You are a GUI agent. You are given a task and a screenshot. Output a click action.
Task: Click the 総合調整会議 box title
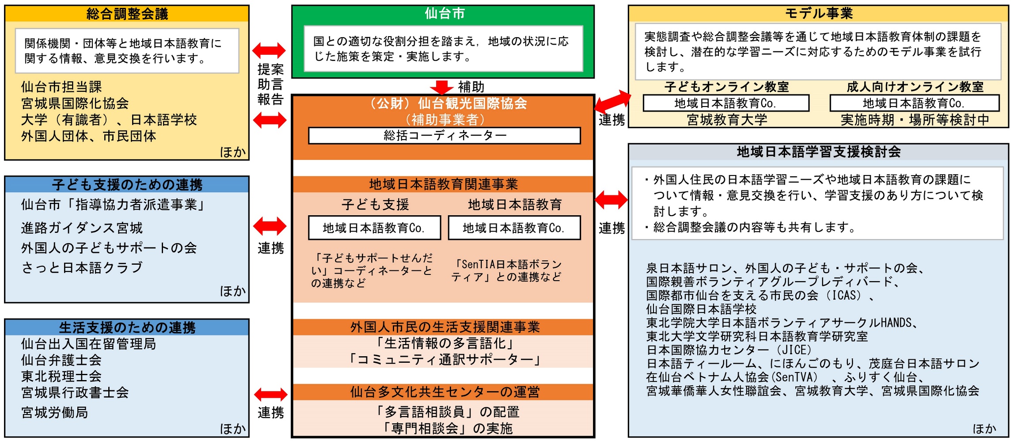tap(127, 14)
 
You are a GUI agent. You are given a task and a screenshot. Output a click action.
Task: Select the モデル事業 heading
tap(818, 14)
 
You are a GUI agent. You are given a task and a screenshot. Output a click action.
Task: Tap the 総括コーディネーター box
tap(444, 136)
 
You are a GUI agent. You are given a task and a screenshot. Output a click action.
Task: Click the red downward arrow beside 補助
tap(441, 87)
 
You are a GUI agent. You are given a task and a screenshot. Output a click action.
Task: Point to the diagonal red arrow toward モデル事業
tap(613, 101)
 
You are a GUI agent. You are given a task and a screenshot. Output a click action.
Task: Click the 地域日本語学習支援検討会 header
tap(818, 152)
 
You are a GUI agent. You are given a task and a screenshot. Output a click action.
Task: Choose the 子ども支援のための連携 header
tap(127, 184)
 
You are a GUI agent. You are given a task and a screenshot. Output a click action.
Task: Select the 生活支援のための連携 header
tap(127, 327)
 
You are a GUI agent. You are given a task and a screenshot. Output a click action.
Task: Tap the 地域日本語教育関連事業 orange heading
tap(443, 184)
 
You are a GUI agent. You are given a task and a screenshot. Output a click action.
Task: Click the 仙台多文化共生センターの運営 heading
tap(444, 392)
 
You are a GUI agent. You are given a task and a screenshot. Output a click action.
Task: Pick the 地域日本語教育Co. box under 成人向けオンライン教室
tap(914, 103)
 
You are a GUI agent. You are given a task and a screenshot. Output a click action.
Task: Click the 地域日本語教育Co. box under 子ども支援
tap(374, 228)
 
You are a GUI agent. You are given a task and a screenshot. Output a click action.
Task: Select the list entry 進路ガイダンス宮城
tap(82, 228)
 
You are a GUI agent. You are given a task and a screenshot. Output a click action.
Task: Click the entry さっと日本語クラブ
tap(82, 268)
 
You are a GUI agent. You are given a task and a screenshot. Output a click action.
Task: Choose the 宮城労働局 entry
tap(54, 412)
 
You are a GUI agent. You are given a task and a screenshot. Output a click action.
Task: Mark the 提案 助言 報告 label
tap(270, 84)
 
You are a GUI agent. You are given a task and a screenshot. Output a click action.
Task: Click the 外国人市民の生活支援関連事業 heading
tap(444, 327)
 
